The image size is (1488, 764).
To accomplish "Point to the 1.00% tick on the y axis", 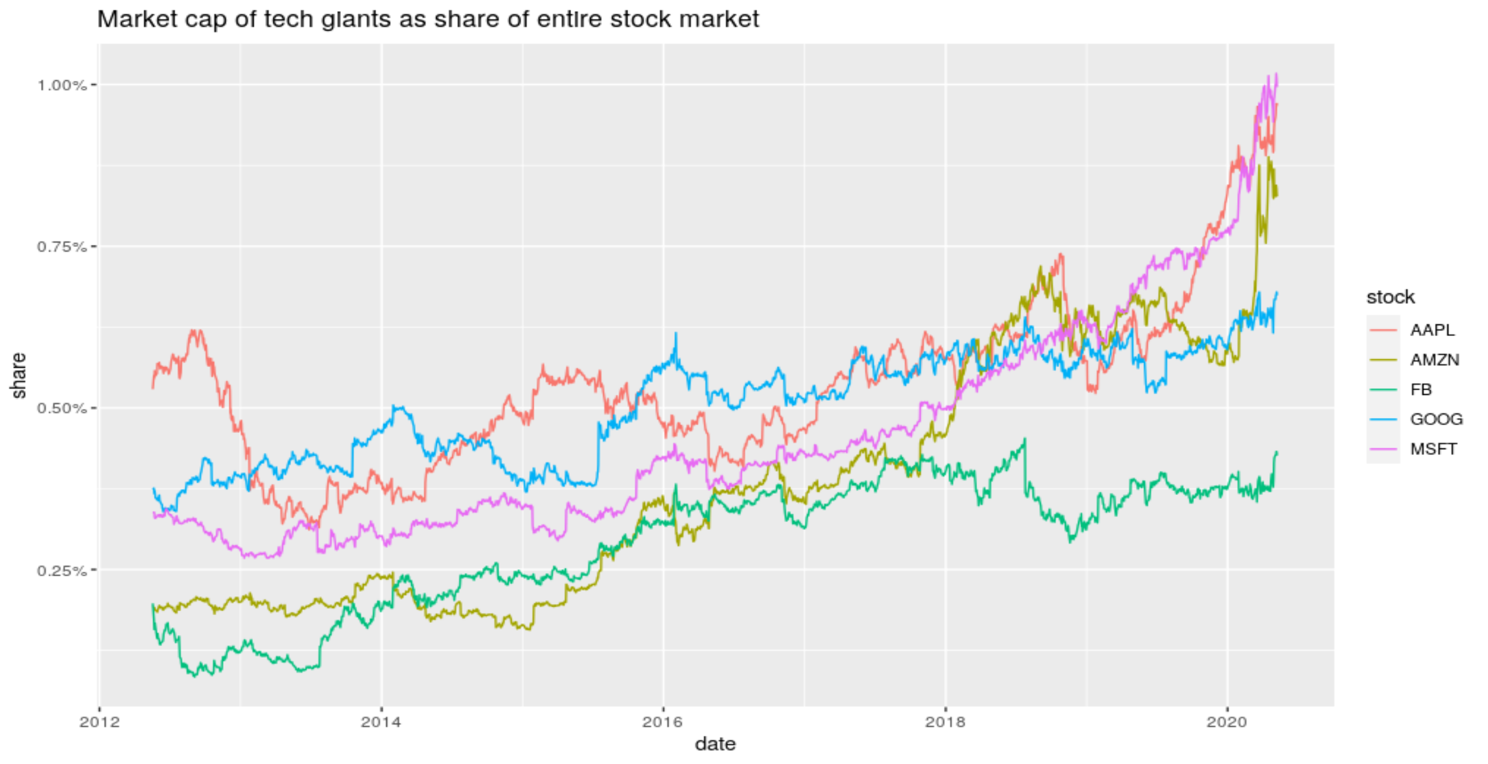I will (62, 85).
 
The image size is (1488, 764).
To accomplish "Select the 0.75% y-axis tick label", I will (62, 247).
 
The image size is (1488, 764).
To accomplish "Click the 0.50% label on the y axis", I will (62, 409).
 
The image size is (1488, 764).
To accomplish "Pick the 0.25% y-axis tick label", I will (62, 570).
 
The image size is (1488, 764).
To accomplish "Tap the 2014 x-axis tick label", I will (381, 722).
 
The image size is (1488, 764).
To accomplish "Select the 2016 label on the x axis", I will (663, 722).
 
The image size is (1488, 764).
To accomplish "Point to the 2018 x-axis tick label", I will (945, 722).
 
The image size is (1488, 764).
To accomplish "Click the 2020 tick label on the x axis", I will (1227, 722).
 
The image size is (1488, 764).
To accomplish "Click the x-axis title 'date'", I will (715, 745).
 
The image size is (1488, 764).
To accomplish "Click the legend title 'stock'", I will (1391, 298).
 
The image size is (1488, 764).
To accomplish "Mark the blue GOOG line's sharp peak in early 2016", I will (676, 334).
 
